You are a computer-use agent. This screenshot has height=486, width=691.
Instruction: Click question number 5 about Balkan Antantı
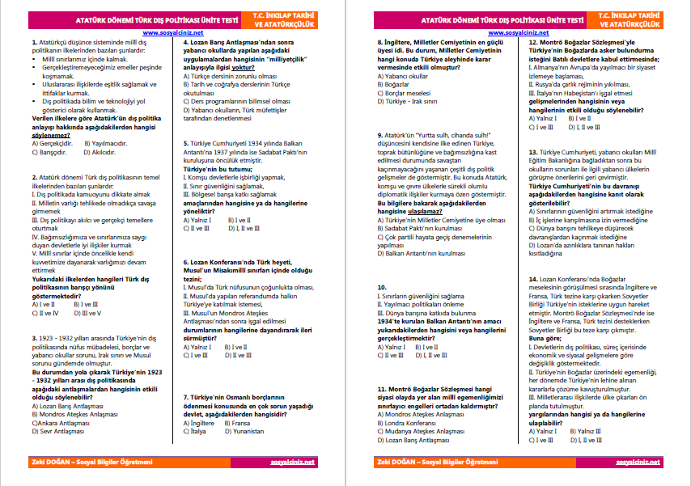pyautogui.click(x=186, y=142)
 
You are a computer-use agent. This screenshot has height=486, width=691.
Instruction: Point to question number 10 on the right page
pyautogui.click(x=382, y=287)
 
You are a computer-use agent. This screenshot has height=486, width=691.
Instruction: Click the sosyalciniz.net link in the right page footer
pyautogui.click(x=638, y=461)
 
